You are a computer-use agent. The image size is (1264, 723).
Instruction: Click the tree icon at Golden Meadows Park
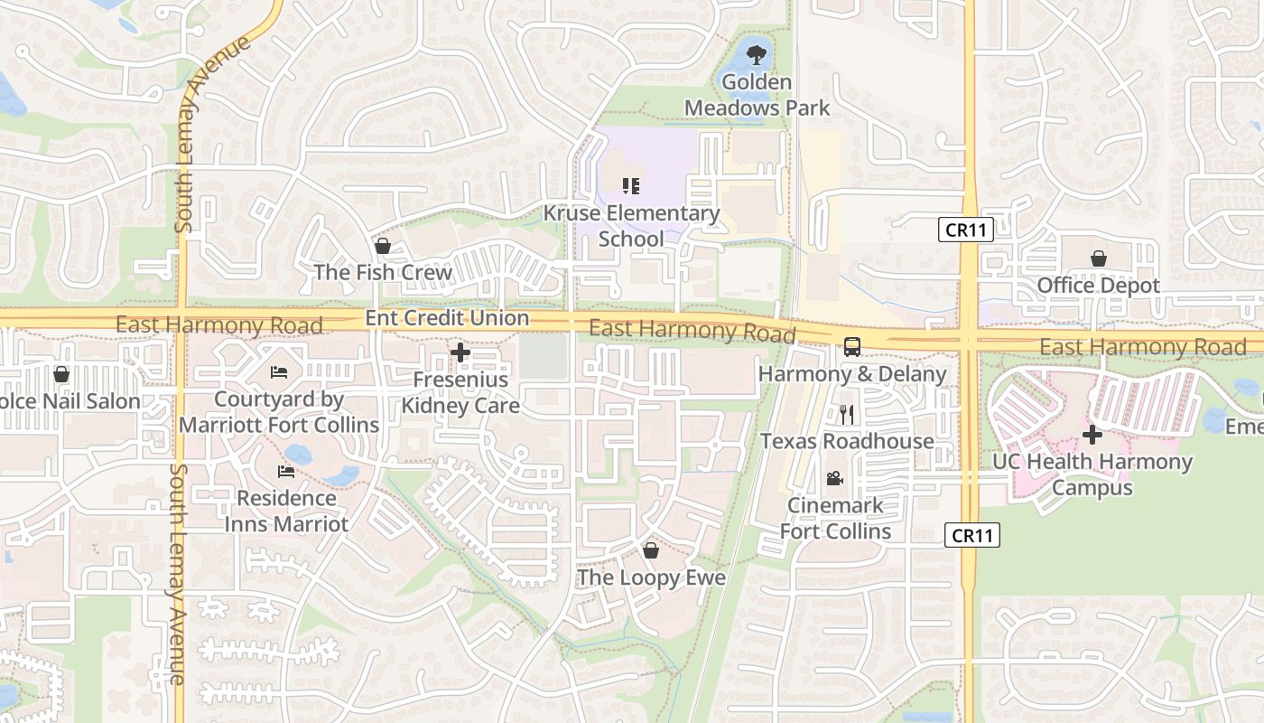(x=757, y=56)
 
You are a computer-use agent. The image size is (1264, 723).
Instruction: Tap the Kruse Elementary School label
(x=631, y=226)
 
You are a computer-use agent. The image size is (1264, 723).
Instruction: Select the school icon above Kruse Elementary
(x=631, y=186)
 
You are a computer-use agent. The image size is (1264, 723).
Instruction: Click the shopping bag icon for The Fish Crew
(x=382, y=246)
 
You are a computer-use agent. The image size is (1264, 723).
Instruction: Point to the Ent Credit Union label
(x=447, y=318)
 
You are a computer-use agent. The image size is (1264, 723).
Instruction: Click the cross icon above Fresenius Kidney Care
(x=460, y=352)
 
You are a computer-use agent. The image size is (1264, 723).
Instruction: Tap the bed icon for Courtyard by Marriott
(x=279, y=372)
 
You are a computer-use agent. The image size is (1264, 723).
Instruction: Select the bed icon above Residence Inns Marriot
(x=286, y=471)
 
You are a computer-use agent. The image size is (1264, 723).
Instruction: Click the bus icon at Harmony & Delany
(x=851, y=346)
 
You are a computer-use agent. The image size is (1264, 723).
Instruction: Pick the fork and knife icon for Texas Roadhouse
(x=846, y=414)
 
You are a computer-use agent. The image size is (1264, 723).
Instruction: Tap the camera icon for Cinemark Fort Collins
(x=835, y=478)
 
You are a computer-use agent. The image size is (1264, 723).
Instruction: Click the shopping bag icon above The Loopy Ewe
(x=651, y=549)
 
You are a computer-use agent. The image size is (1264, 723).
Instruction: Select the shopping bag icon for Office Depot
(x=1098, y=258)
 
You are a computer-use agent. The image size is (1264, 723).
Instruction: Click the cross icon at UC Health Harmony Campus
(x=1092, y=435)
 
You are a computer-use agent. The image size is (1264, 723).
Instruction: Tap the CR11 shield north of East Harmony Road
(x=965, y=230)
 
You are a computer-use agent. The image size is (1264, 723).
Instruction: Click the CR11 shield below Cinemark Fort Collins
(x=972, y=535)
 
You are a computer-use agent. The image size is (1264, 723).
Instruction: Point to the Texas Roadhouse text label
(x=847, y=441)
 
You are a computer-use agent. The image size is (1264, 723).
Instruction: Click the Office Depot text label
(x=1098, y=286)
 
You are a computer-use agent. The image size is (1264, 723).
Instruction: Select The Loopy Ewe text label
(x=651, y=577)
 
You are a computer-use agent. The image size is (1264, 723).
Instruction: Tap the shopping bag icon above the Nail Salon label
(x=61, y=374)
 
